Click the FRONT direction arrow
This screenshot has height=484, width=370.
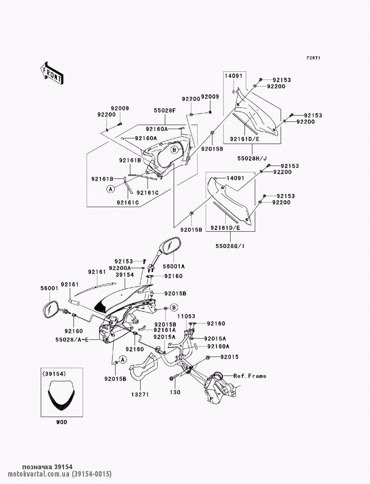(51, 72)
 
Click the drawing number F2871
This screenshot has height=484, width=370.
(313, 58)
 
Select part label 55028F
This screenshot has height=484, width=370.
(165, 110)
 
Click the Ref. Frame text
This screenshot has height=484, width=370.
(250, 376)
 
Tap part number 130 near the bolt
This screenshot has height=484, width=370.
(176, 392)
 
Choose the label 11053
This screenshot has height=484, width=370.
(186, 317)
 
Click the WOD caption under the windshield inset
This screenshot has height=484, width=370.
(62, 422)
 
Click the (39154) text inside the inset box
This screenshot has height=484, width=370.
(54, 374)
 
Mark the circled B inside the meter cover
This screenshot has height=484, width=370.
(175, 150)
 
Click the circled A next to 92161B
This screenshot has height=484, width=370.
(110, 189)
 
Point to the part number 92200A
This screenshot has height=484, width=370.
(120, 268)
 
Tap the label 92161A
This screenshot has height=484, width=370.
(165, 330)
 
